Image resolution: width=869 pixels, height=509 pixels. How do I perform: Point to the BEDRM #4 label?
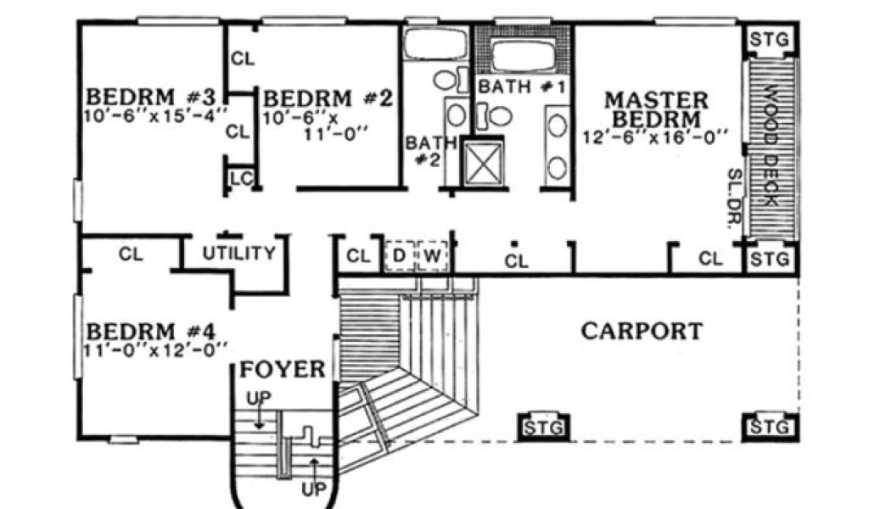coord(154,329)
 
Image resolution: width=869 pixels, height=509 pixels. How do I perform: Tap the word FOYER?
coord(282,370)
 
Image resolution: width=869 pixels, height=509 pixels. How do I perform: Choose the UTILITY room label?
coord(238,253)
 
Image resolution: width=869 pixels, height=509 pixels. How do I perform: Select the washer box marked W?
coord(432,255)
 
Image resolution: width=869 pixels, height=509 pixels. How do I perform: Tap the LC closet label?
coord(240,178)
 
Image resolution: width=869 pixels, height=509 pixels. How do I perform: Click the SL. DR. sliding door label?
coord(734,199)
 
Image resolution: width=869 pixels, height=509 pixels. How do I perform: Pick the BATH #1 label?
coord(516,86)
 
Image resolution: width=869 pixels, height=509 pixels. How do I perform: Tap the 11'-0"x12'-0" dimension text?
coord(157,347)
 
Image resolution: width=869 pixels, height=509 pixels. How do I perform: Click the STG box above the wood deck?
coord(771,40)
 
